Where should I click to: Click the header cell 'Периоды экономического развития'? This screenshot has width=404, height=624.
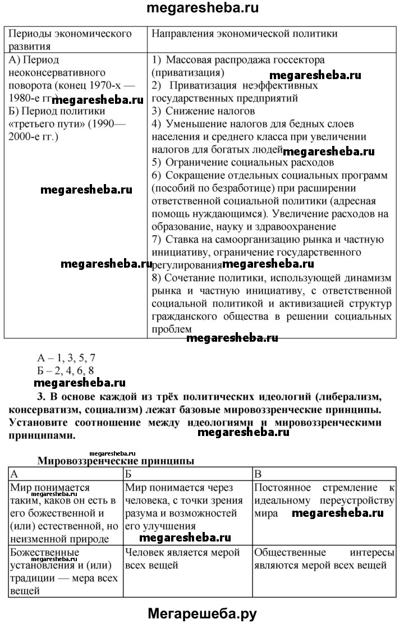click(x=71, y=39)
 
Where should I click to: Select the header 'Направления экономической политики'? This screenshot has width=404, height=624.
click(x=245, y=34)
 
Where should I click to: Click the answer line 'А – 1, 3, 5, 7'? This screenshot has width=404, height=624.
click(x=66, y=358)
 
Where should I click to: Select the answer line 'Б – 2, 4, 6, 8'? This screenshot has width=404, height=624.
click(x=66, y=370)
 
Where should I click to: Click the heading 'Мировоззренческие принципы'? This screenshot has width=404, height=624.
click(x=116, y=461)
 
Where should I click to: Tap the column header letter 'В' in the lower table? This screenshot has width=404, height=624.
click(x=258, y=474)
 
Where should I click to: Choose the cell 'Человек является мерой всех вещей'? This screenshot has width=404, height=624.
click(x=183, y=558)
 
